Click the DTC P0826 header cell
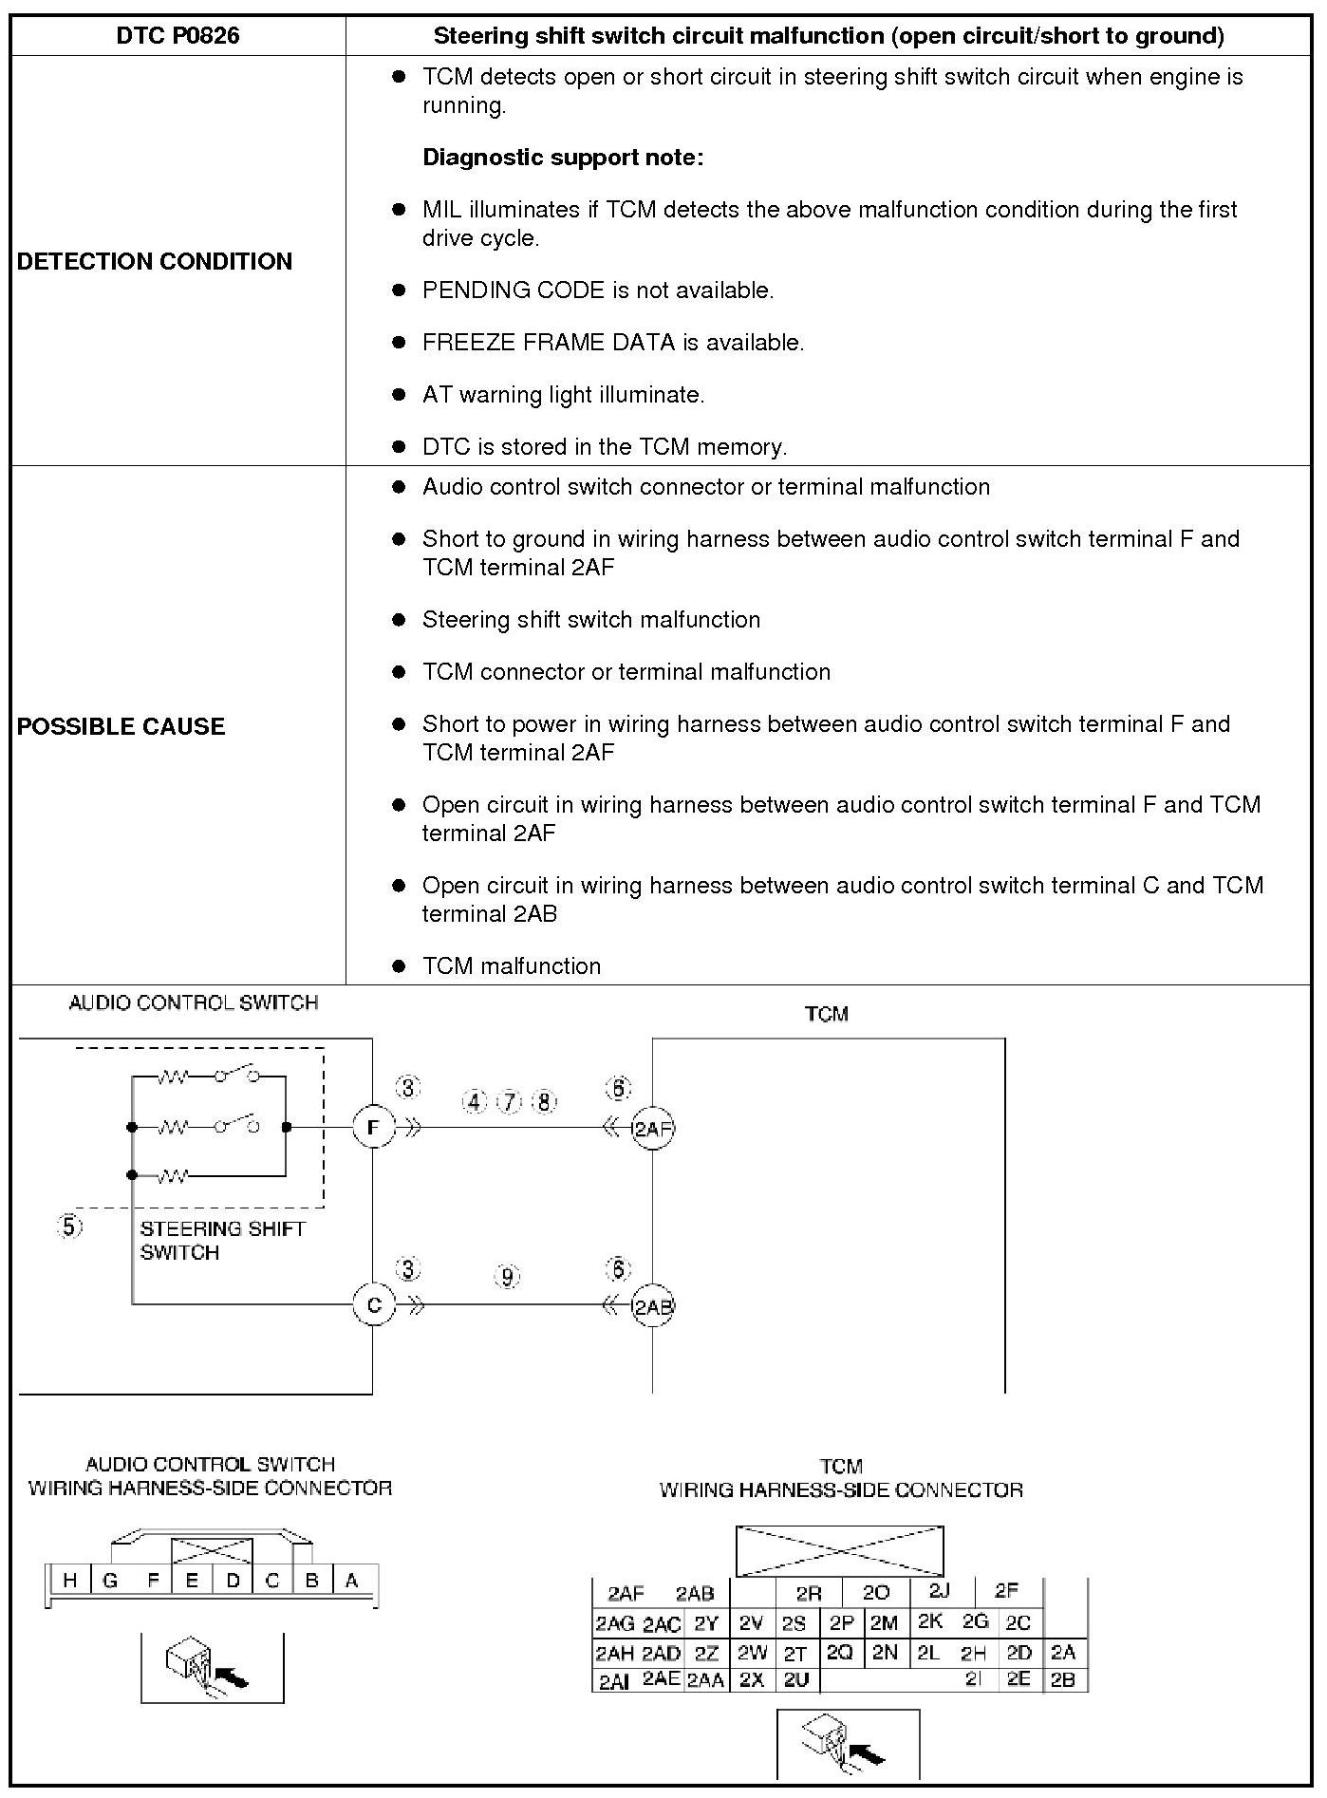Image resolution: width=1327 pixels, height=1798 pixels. tap(178, 36)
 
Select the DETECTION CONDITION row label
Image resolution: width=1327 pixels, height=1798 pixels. tap(155, 261)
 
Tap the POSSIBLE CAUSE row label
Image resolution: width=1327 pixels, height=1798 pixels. tap(121, 726)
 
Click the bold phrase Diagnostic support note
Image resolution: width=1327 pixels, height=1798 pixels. tap(563, 158)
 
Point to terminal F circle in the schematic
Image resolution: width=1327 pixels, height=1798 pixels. tap(373, 1128)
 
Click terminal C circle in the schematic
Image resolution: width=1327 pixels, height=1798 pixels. tap(373, 1304)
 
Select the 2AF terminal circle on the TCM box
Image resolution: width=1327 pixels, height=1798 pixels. tap(653, 1129)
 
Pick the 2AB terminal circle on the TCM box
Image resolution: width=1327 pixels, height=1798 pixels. tap(653, 1306)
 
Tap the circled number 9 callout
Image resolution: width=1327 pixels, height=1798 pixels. tap(508, 1276)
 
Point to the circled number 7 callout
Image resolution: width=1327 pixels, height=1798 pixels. tap(510, 1101)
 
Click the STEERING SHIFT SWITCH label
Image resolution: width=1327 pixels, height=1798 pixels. tap(222, 1240)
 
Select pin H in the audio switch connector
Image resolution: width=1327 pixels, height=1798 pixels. tap(69, 1581)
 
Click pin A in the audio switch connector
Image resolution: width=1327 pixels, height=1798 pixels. tap(352, 1581)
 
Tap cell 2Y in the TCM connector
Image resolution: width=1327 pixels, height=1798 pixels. tap(706, 1623)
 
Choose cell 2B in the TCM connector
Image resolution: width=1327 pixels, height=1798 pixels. tap(1063, 1679)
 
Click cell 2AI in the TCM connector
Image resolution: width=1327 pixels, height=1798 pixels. tap(614, 1681)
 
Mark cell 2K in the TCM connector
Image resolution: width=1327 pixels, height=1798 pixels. tap(929, 1621)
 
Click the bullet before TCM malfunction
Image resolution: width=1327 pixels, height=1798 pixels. tap(399, 966)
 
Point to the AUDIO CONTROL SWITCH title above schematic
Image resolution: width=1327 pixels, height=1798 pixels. tap(194, 1003)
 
